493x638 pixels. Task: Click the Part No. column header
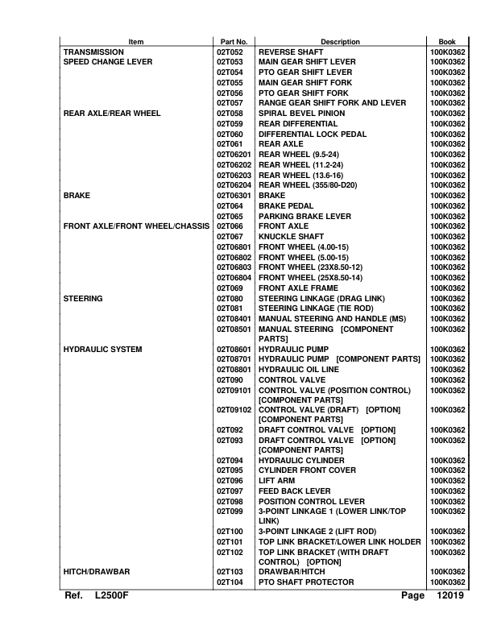234,41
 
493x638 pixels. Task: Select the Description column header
340,41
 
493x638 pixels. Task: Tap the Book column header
446,41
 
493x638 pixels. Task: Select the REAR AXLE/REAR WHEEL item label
112,114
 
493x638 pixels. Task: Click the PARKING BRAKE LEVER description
304,217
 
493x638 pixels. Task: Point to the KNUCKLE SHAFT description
291,237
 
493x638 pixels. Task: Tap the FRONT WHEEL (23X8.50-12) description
310,267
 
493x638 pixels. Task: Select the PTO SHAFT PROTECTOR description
305,582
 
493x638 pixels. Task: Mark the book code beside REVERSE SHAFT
447,52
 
